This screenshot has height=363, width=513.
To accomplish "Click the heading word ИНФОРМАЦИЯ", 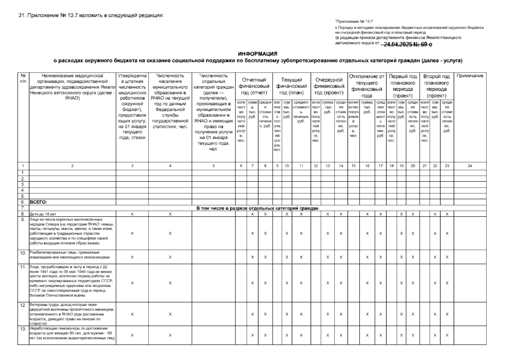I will click(x=257, y=54).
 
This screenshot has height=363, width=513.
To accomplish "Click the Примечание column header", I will click(x=470, y=76).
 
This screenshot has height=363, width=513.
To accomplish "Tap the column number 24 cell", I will click(x=470, y=166).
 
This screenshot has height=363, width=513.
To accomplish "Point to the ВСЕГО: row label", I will click(x=39, y=202).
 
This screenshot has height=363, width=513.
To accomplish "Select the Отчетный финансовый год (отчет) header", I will click(x=254, y=86).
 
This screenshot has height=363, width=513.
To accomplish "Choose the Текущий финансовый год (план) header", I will click(x=292, y=86).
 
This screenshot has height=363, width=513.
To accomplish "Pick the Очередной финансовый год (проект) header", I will click(x=329, y=86).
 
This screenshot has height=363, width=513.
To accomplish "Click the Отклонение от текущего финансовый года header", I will click(x=366, y=86).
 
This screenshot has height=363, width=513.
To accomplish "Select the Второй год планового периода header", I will click(x=436, y=86).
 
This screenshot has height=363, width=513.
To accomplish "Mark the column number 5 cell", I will click(x=214, y=166).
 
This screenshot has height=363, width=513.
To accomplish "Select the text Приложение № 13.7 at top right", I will click(x=354, y=22).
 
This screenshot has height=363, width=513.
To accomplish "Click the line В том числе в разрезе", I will click(x=257, y=208).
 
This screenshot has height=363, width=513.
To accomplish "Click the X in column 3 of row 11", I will click(x=132, y=283).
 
